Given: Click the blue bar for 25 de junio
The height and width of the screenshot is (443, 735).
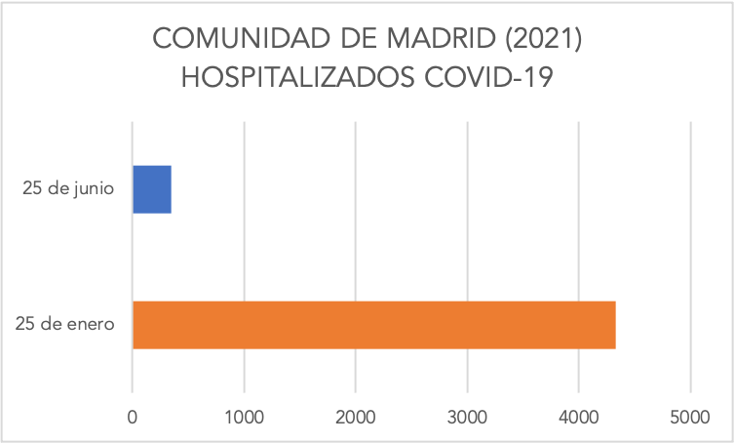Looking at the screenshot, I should pos(152,189).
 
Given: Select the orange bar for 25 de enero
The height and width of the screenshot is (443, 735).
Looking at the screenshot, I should pos(373,325).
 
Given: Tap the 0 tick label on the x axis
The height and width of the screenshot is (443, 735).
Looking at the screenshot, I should pos(133,416).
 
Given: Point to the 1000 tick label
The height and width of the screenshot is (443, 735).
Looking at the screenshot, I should pos(244,416).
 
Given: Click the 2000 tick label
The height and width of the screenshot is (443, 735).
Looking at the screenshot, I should pos(356,416).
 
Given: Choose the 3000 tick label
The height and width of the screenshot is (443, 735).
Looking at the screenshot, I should pos(467,416).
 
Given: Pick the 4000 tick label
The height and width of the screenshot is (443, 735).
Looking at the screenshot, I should pos(579,416).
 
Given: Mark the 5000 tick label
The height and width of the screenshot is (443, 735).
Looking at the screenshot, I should pos(690,416).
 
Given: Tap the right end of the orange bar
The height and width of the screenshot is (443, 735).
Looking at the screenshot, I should pos(613,325).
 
